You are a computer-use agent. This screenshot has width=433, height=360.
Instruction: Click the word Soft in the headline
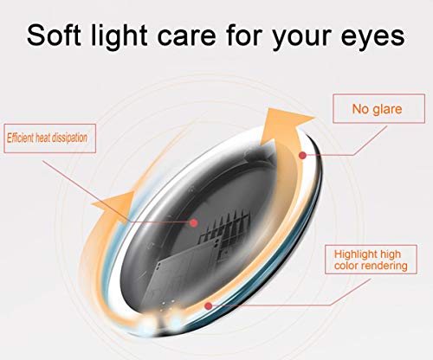click(x=54, y=35)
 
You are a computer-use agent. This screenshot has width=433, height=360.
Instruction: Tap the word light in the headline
click(x=120, y=36)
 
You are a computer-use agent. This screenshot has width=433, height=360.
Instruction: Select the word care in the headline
click(x=186, y=38)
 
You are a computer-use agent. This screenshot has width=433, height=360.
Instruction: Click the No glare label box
click(x=378, y=108)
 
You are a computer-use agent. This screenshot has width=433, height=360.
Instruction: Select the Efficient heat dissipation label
click(x=49, y=138)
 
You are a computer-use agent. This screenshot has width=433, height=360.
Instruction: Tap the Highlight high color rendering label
click(x=371, y=260)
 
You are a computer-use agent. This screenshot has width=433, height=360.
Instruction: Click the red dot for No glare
click(x=302, y=156)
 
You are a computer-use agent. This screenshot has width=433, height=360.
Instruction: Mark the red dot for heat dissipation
click(x=194, y=222)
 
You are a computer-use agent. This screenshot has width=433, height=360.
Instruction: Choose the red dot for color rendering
click(x=209, y=305)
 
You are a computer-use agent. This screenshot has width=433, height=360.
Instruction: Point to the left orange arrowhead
click(x=115, y=207)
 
